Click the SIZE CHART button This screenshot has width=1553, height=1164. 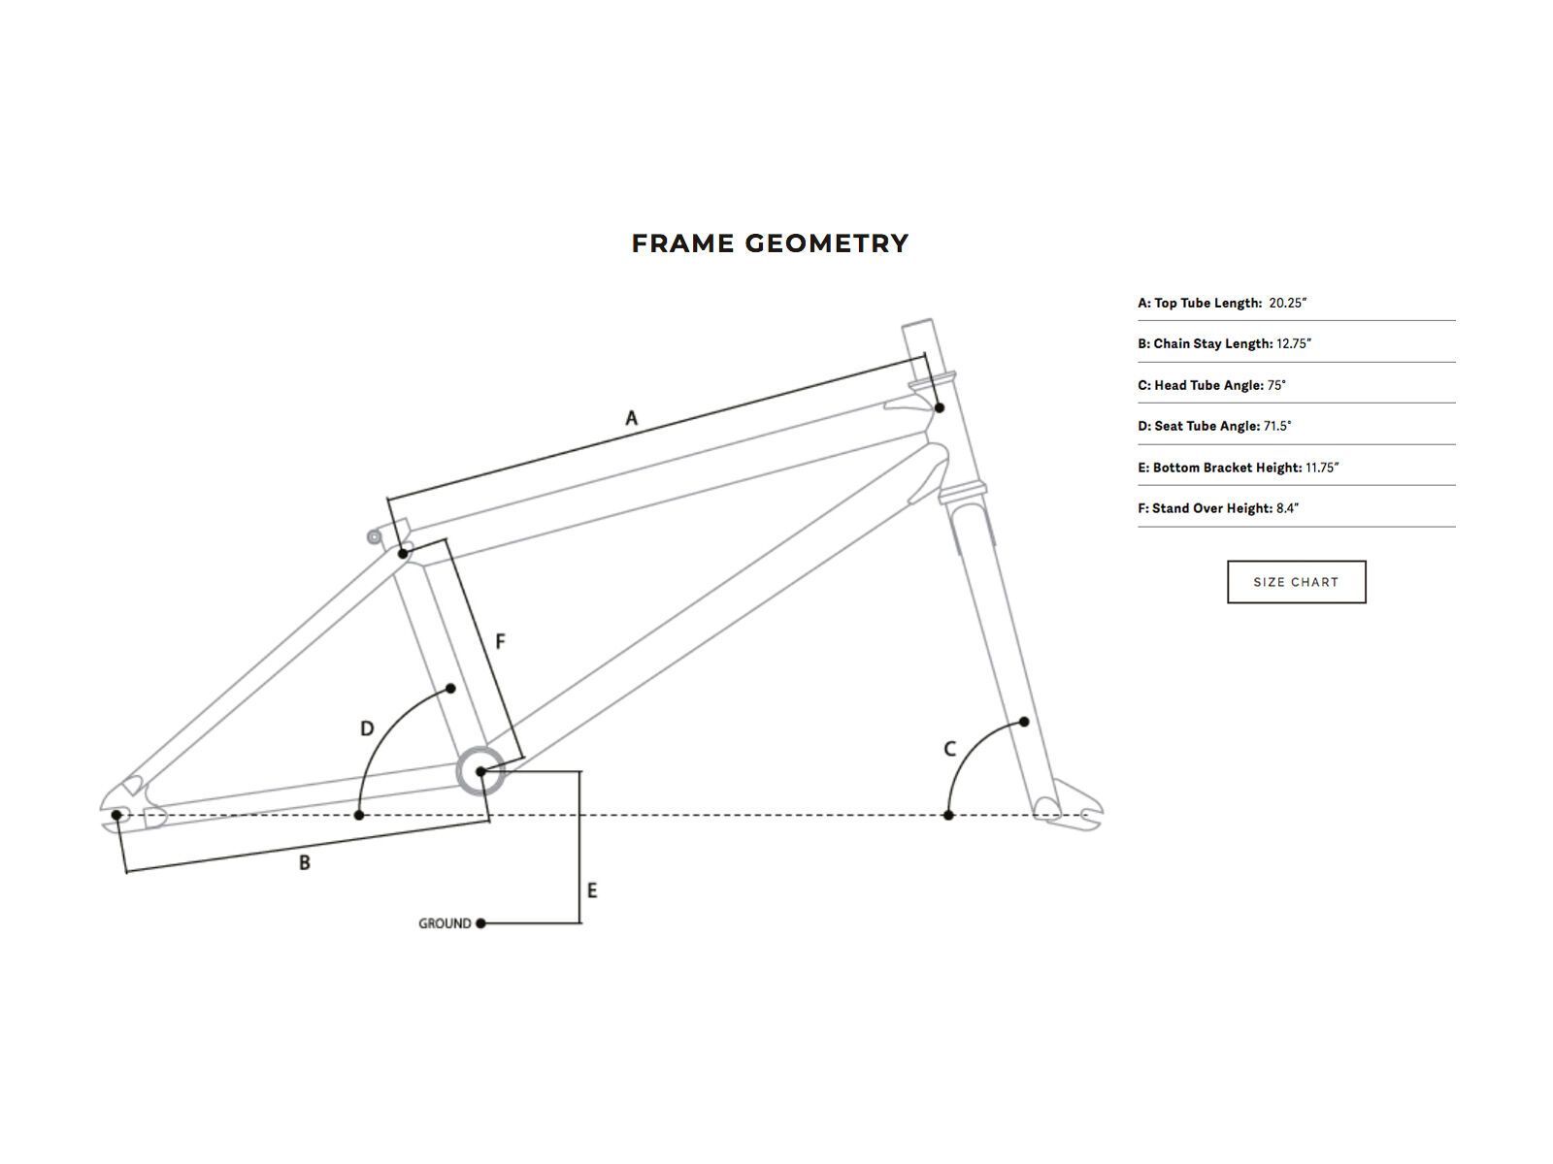click(1296, 582)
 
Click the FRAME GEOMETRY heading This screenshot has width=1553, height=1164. click(770, 243)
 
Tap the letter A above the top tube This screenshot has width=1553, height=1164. click(631, 418)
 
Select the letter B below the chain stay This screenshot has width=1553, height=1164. click(304, 862)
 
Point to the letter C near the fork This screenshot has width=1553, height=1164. click(949, 749)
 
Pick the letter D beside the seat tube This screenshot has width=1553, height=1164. click(367, 728)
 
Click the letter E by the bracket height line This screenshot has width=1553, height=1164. click(592, 890)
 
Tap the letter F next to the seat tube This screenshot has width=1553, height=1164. click(500, 641)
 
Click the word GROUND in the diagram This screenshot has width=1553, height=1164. click(445, 923)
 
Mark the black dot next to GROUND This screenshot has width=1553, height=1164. click(480, 923)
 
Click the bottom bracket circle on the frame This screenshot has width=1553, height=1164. click(480, 771)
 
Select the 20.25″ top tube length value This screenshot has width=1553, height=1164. click(1288, 303)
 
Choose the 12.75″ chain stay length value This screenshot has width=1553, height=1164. click(1294, 343)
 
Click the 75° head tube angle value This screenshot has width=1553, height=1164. click(1276, 385)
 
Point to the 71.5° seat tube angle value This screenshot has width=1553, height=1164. click(1277, 426)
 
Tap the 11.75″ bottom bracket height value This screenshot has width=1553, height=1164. click(1322, 468)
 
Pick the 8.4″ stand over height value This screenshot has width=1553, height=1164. click(1288, 508)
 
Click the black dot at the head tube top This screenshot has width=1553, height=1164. click(939, 407)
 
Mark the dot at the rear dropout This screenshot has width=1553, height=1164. click(116, 815)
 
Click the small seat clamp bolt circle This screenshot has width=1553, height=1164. click(374, 536)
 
